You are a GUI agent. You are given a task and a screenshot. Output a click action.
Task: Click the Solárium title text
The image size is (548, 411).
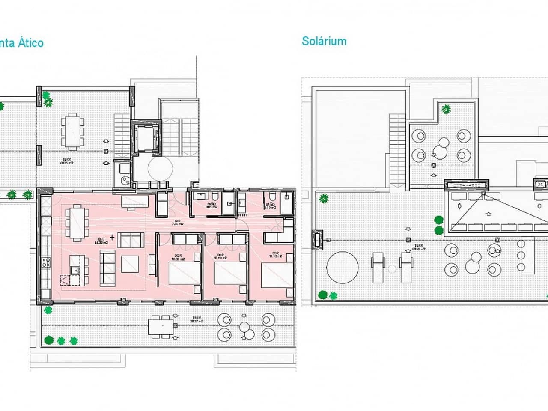[x=324, y=41]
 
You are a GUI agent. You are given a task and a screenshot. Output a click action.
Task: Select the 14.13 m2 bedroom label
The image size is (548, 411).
[x=274, y=256]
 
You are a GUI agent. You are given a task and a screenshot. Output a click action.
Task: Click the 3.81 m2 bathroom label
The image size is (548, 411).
[x=211, y=206]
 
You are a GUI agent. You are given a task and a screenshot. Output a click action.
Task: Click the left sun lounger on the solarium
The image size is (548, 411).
[x=378, y=268]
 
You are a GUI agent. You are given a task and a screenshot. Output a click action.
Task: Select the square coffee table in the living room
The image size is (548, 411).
[x=130, y=264]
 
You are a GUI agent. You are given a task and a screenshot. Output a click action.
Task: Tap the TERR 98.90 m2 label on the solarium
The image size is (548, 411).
[x=418, y=247]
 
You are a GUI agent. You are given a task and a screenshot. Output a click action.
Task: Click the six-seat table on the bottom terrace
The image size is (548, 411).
[x=161, y=325]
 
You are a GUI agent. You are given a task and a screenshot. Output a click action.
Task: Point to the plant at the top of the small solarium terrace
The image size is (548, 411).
[x=447, y=109]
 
